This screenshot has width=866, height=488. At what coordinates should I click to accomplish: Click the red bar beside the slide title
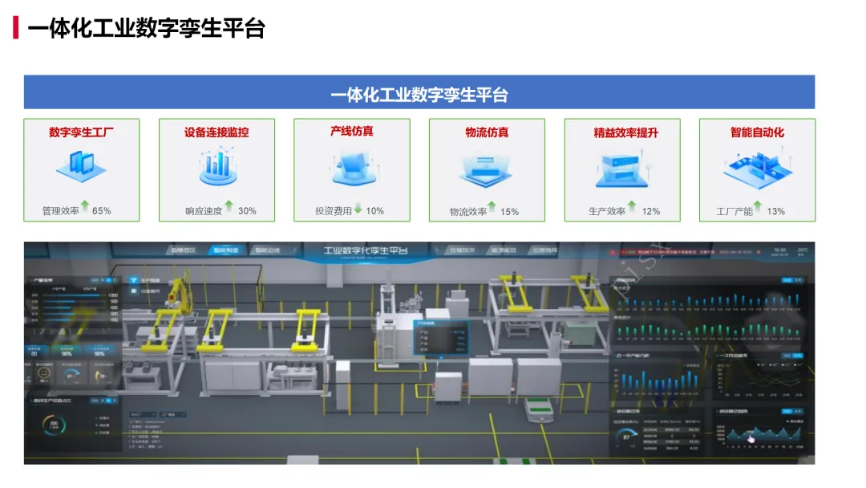pyautogui.click(x=15, y=28)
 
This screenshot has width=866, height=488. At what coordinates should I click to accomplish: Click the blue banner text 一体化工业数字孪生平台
pyautogui.click(x=419, y=95)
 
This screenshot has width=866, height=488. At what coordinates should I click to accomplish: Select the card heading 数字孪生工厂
pyautogui.click(x=81, y=132)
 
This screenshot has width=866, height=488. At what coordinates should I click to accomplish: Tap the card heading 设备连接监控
pyautogui.click(x=216, y=132)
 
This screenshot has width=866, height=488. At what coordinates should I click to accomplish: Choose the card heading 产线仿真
pyautogui.click(x=352, y=130)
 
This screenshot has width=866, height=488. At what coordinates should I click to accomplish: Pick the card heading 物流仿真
pyautogui.click(x=487, y=132)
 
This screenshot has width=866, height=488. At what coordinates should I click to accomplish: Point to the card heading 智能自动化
pyautogui.click(x=757, y=132)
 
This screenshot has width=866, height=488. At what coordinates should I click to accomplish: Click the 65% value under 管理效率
pyautogui.click(x=102, y=211)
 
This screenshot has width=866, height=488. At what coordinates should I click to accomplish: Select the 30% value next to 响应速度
pyautogui.click(x=247, y=211)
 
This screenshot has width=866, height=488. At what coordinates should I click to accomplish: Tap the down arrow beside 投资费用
pyautogui.click(x=358, y=208)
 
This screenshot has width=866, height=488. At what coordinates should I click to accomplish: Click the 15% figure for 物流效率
pyautogui.click(x=509, y=212)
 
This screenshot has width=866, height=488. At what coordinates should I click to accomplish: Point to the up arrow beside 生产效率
pyautogui.click(x=632, y=207)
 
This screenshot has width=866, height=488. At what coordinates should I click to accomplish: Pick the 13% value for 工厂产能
pyautogui.click(x=775, y=212)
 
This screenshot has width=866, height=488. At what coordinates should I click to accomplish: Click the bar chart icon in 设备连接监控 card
pyautogui.click(x=216, y=166)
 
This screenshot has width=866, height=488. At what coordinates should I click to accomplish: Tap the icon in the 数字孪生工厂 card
pyautogui.click(x=81, y=166)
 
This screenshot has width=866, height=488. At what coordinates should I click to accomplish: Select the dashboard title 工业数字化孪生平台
pyautogui.click(x=365, y=251)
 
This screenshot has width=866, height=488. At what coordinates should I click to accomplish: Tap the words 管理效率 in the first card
pyautogui.click(x=61, y=211)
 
